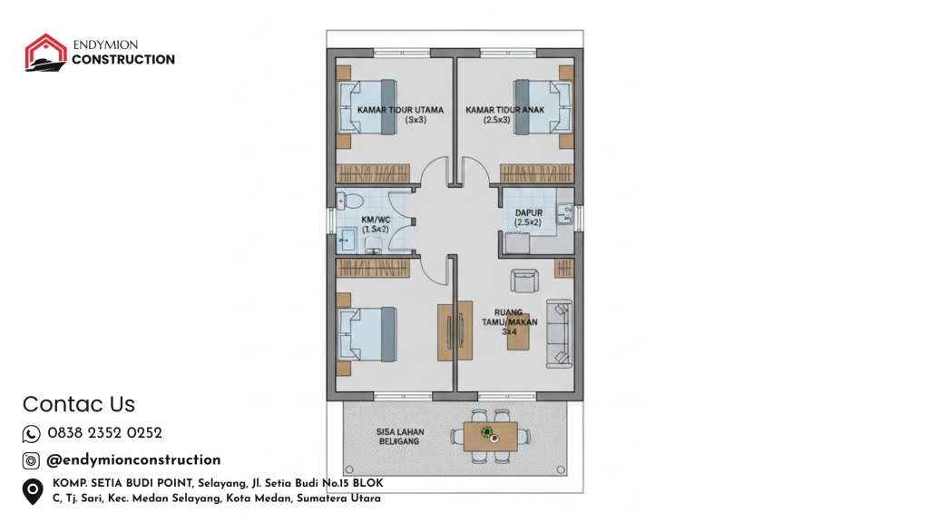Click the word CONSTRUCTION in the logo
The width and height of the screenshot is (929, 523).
coord(123,59)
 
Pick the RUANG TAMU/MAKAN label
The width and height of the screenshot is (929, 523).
coord(510,322)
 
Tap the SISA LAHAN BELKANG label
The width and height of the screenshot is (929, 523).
coord(400,437)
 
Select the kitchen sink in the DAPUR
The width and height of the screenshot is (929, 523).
coord(564,214)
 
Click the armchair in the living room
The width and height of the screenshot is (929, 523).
coord(524,281)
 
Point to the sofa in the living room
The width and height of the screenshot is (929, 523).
coord(559,333)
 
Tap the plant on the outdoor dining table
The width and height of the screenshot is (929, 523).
coord(487,431)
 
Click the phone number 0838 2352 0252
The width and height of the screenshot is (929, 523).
coord(105,433)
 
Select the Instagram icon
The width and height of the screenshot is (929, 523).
coord(31,460)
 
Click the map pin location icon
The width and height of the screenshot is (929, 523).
coord(33,491)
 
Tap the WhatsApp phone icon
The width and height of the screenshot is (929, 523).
coord(31,434)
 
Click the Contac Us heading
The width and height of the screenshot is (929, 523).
coord(79,404)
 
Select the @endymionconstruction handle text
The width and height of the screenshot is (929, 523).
coord(133,460)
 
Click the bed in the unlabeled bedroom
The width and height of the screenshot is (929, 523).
coord(367,334)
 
